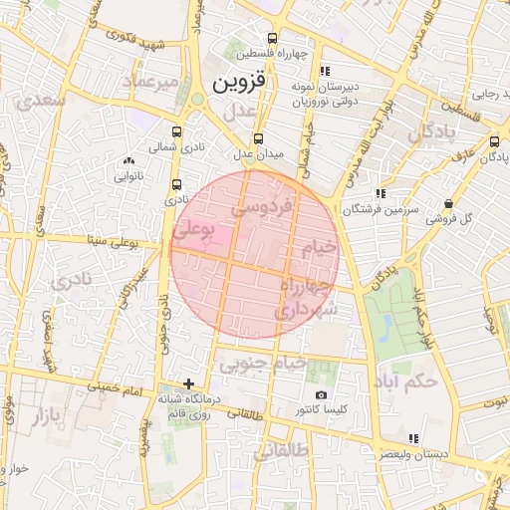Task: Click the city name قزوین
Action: click(x=240, y=82)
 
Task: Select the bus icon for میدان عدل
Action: click(x=259, y=138)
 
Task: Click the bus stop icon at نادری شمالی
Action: click(x=176, y=131)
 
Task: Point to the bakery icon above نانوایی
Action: click(x=128, y=161)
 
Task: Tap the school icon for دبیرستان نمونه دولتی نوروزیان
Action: click(x=325, y=71)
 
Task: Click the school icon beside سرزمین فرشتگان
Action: click(x=380, y=194)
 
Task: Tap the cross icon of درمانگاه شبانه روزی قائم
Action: click(x=189, y=384)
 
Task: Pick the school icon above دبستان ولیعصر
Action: click(x=413, y=438)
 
